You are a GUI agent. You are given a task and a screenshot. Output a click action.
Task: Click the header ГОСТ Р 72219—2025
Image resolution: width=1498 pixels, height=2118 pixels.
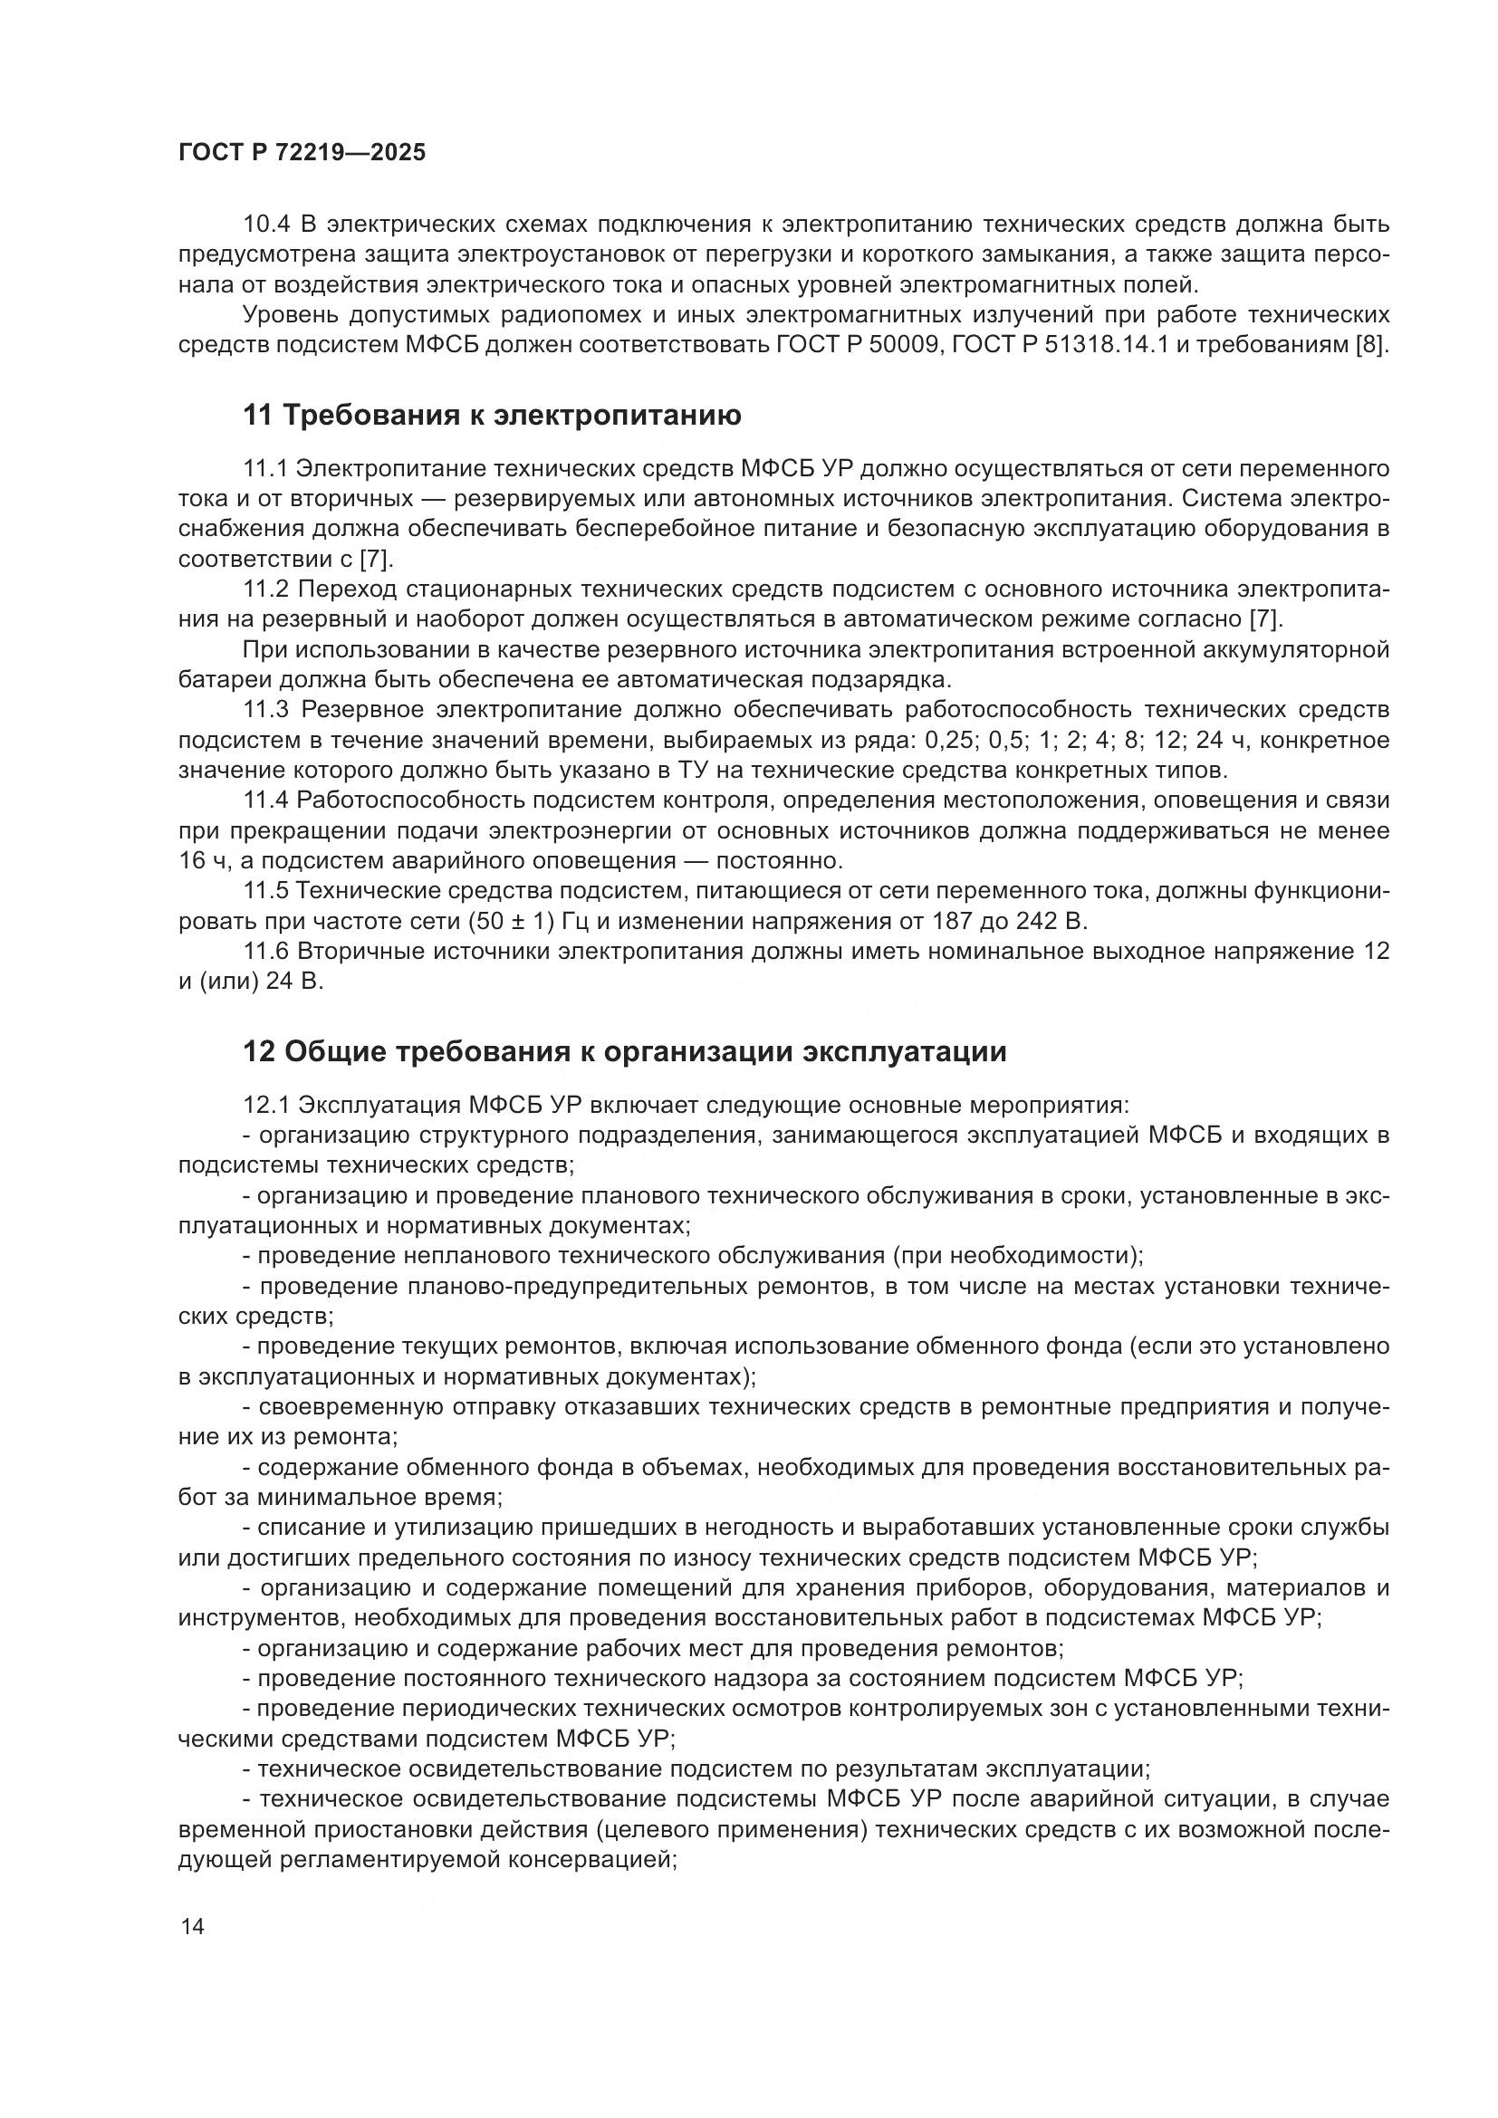302,153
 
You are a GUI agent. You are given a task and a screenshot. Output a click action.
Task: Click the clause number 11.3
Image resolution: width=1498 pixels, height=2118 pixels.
266,709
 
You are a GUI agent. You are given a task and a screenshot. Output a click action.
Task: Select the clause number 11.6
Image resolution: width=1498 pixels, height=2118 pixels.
266,951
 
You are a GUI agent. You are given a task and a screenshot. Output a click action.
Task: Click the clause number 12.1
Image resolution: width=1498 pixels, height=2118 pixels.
266,1104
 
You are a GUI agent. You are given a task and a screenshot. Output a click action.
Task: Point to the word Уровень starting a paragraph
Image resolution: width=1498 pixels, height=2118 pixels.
290,315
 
